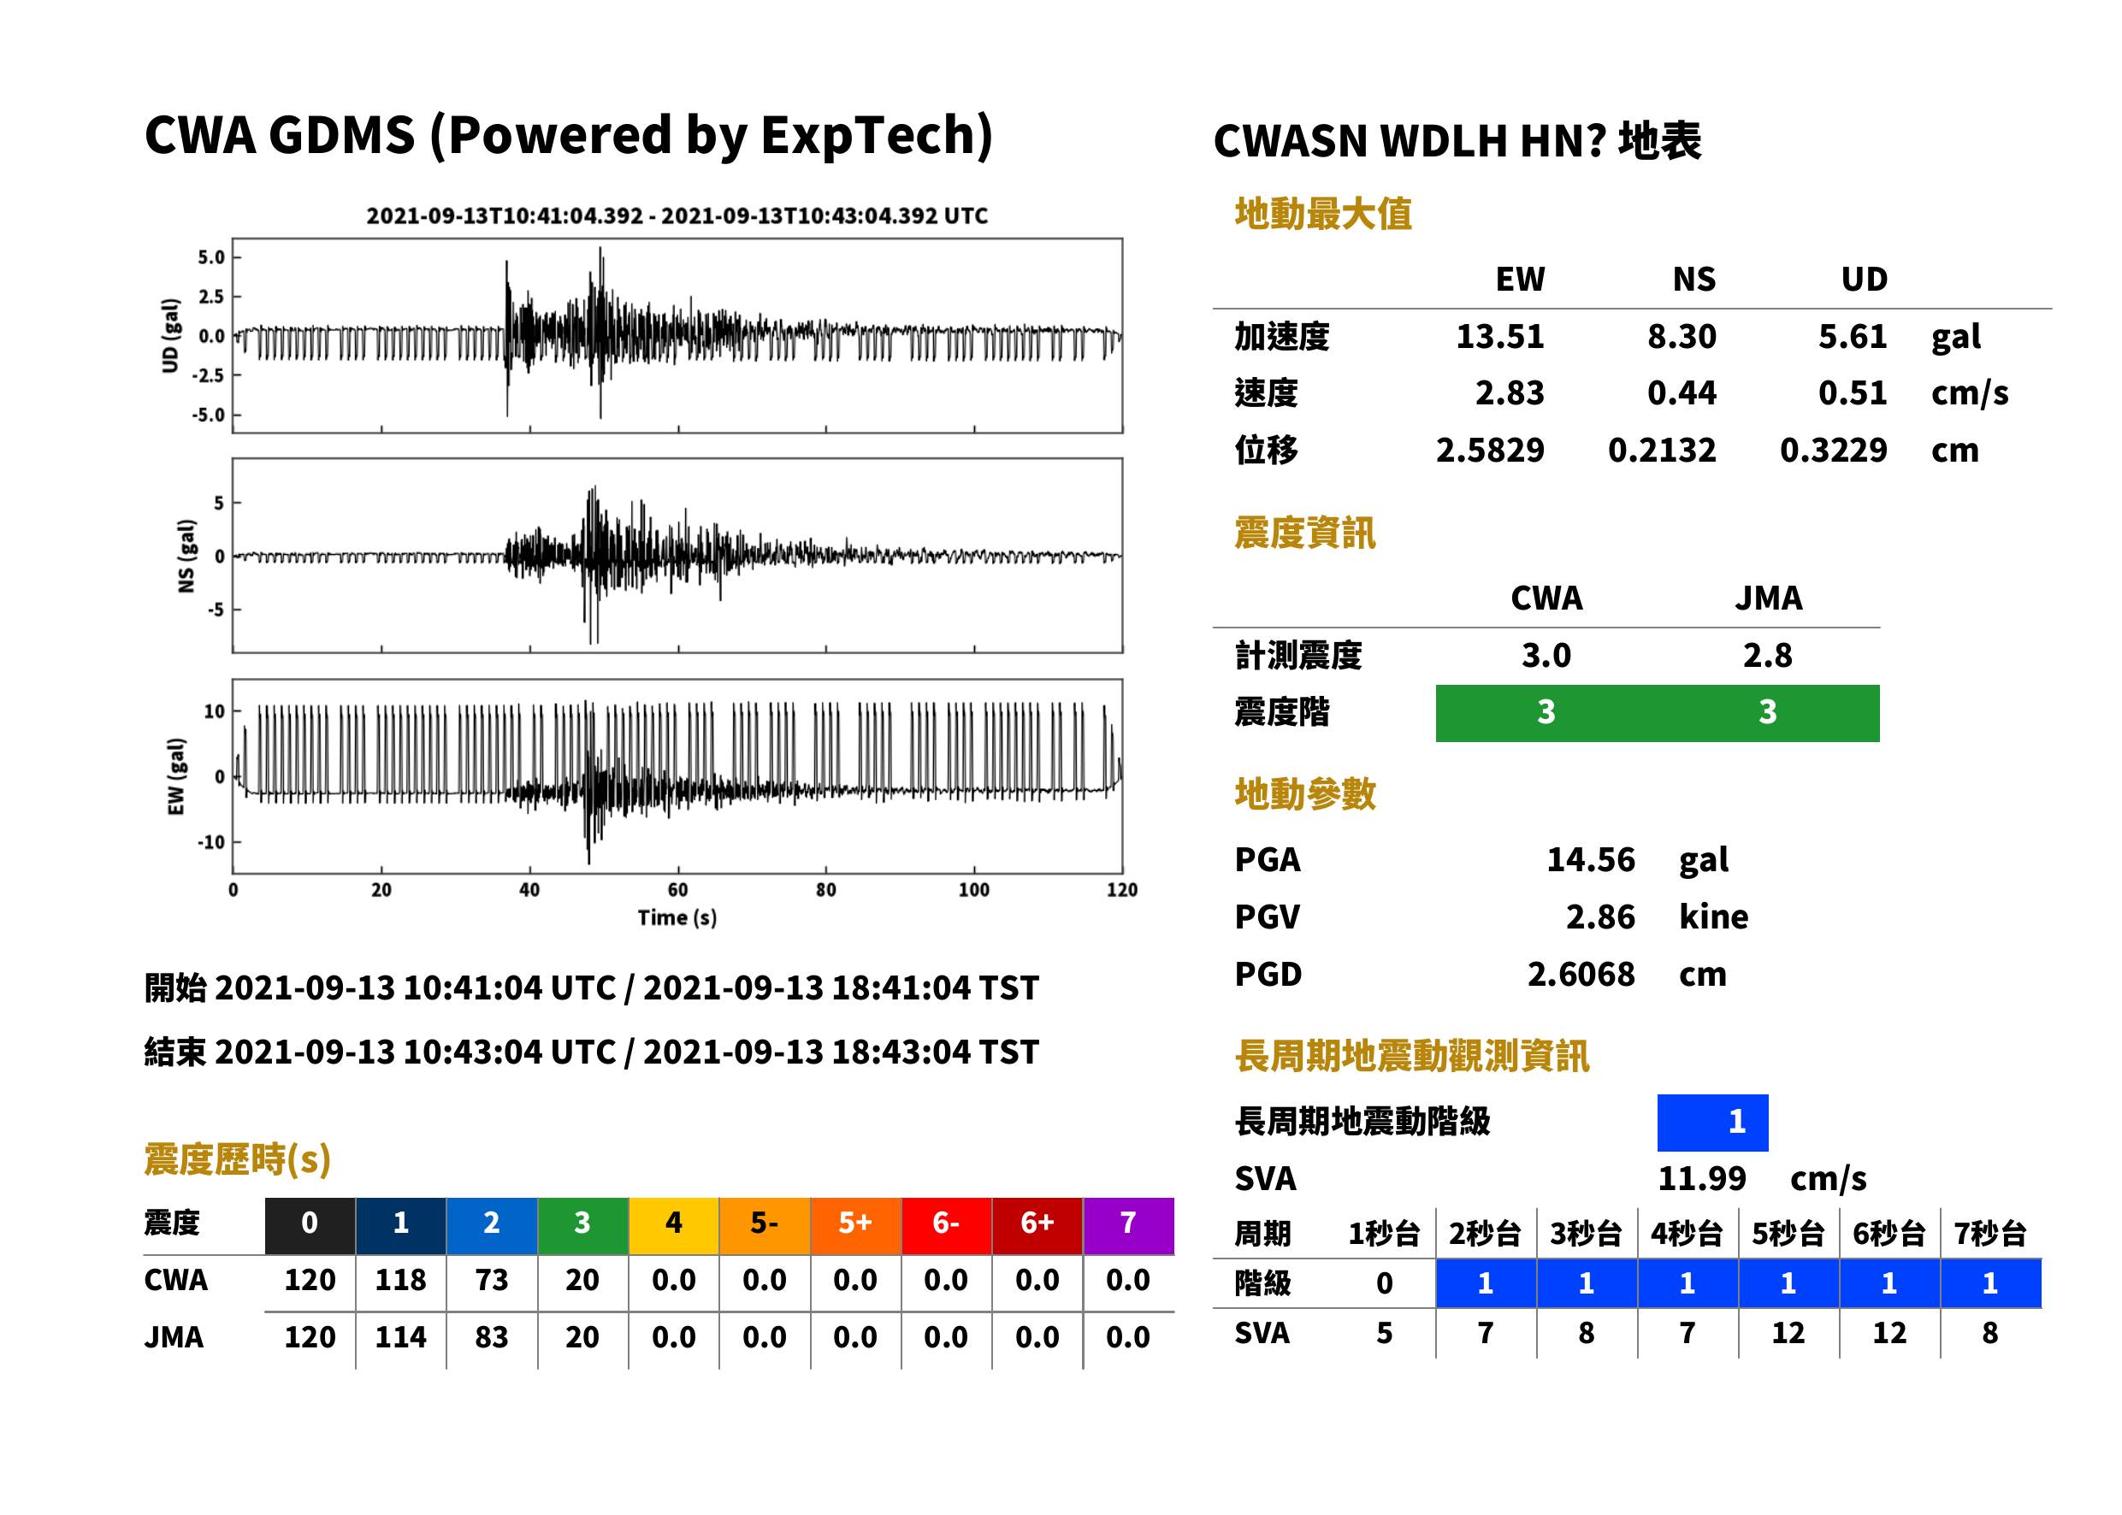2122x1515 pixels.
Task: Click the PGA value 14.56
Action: point(1590,859)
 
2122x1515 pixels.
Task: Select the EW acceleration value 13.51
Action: point(1499,336)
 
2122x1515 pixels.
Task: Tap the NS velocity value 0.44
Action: point(1682,392)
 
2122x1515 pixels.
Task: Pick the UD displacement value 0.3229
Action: point(1834,450)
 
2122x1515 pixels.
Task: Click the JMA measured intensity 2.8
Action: point(1767,655)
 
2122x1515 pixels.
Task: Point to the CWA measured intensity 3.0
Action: point(1546,655)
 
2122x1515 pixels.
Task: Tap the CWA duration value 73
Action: point(492,1280)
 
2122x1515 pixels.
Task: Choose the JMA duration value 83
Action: point(492,1337)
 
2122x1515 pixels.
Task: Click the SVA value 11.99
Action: point(1701,1178)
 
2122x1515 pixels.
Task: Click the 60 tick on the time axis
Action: point(677,889)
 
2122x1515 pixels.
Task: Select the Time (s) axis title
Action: point(677,918)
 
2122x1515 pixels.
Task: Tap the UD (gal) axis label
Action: point(170,336)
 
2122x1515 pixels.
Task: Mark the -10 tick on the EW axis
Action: point(212,841)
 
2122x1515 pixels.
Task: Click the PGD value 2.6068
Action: point(1581,974)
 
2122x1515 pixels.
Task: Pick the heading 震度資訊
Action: point(1304,533)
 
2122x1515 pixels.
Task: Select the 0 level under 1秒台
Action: point(1385,1283)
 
